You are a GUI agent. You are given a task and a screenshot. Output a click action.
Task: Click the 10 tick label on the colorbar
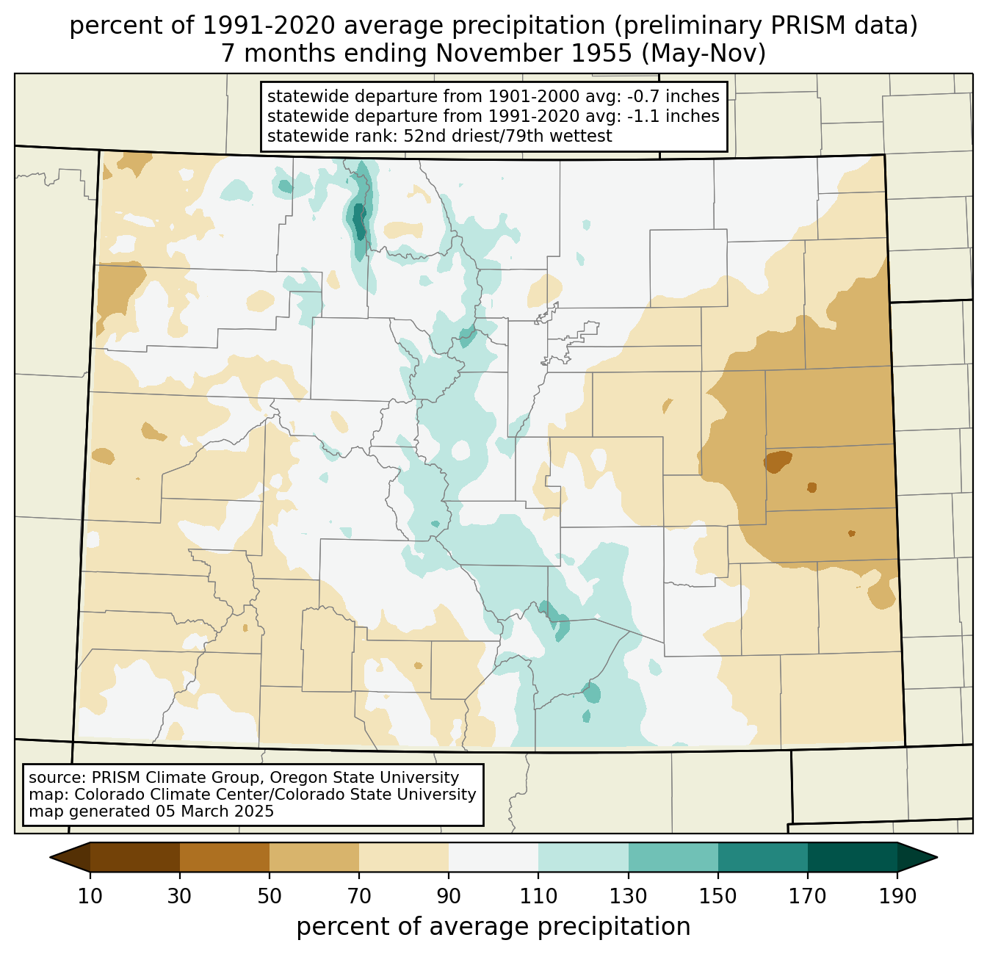tap(90, 896)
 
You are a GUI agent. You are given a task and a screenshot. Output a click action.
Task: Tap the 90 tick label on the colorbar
tap(449, 896)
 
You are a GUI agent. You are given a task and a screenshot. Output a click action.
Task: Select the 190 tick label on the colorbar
tap(897, 896)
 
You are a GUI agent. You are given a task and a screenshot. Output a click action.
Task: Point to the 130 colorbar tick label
tap(628, 896)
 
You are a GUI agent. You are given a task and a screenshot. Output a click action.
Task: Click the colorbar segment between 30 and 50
tap(224, 857)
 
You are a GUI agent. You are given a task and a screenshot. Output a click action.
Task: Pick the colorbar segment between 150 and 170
tap(762, 857)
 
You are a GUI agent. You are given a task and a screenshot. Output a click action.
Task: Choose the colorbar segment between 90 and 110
tap(493, 857)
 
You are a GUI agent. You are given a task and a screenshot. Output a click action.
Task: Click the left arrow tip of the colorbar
tap(50, 857)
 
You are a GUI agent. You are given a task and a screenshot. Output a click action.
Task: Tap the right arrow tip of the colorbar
tap(937, 857)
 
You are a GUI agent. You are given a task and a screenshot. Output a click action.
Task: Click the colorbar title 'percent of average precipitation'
tap(493, 927)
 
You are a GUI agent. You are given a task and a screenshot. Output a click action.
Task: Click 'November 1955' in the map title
tap(534, 54)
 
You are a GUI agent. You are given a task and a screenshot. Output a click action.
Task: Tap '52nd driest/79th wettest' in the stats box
tap(507, 136)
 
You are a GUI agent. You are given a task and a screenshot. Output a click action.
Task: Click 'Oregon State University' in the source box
tap(364, 778)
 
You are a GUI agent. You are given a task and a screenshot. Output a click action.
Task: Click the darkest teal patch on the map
tap(359, 221)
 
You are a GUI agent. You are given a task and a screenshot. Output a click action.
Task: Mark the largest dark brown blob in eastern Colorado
tap(777, 461)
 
